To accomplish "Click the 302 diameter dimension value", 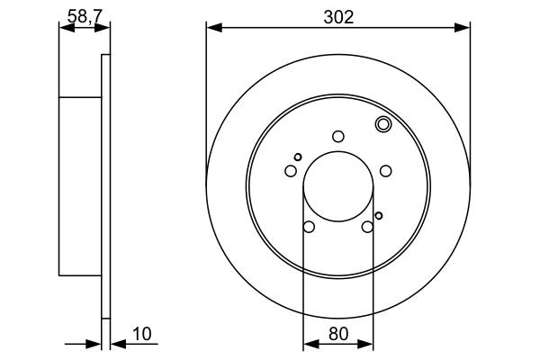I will coord(337,15).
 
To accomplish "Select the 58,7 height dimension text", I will coord(84,15).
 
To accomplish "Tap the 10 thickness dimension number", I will coord(141,333).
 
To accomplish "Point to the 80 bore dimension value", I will coord(337,333).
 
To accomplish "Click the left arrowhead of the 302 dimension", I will coord(211,28).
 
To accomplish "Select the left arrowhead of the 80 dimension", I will coord(307,344).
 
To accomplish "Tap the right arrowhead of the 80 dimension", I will coord(368,344).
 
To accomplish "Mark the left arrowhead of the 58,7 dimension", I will coord(64,28).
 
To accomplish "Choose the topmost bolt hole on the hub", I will coord(338,137).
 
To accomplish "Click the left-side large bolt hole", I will coord(291,171).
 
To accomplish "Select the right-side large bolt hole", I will coord(386,171).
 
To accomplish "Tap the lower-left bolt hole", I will coord(309,227).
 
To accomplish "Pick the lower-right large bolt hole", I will coord(367,227).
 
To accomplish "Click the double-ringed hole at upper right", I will coord(382,125).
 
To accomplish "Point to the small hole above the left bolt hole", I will coord(298,157).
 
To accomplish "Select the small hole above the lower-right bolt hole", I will coord(379,215).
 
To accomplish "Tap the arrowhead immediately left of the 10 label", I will coord(116,344).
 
